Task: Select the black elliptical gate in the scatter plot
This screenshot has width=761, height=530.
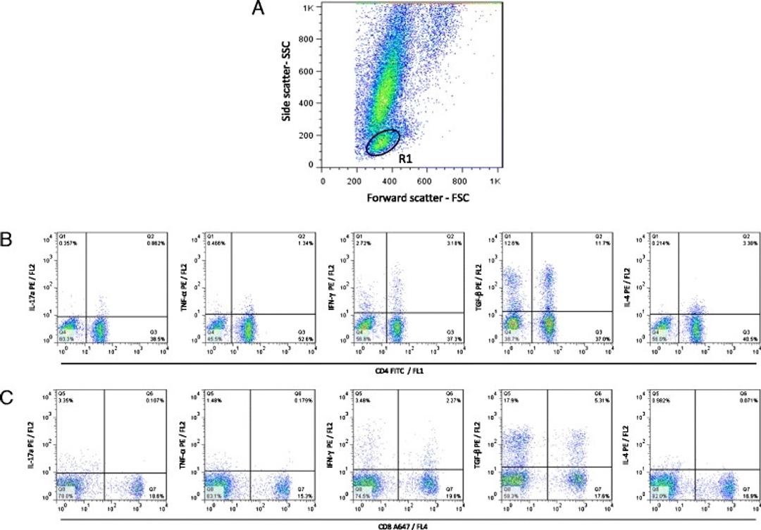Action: [x=383, y=142]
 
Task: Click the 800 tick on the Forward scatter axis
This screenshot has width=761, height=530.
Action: [x=462, y=180]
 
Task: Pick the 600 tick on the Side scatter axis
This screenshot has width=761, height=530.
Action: [x=305, y=70]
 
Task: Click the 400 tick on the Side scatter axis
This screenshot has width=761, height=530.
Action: [x=305, y=103]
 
